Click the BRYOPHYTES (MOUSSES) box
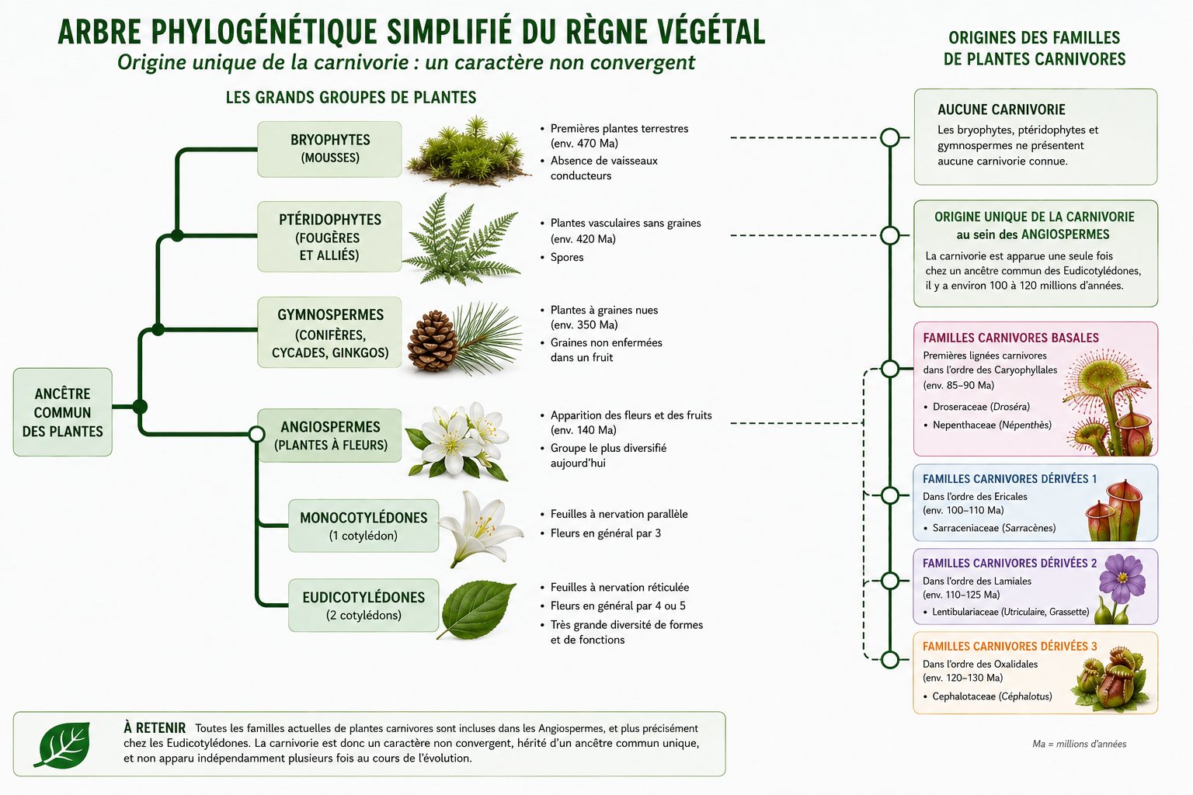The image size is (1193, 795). tap(329, 149)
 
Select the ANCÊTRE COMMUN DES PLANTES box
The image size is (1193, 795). tap(63, 412)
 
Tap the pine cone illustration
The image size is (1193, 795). tap(433, 341)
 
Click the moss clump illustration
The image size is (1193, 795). tap(468, 152)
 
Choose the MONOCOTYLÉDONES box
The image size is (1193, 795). tap(363, 526)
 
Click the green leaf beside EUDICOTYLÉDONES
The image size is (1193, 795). tap(477, 609)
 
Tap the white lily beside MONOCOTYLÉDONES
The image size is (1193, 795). tap(481, 528)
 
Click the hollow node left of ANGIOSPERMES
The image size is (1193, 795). tap(257, 434)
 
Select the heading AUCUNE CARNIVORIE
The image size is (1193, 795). tap(1001, 109)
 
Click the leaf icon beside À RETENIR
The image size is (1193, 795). tap(62, 745)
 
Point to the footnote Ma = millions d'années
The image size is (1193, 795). tap(1079, 744)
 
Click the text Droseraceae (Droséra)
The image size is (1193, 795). tap(981, 407)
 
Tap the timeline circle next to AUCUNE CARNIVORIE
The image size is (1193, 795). tap(890, 137)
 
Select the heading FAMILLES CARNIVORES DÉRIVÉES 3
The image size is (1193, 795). tap(1010, 647)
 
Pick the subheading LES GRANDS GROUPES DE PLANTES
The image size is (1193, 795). tap(351, 98)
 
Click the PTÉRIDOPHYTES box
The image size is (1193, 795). tap(329, 237)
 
